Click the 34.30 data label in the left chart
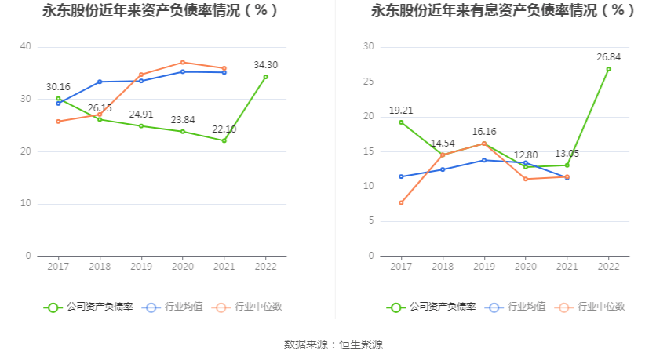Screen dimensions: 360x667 [265, 65]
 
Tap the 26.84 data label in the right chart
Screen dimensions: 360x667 [608, 57]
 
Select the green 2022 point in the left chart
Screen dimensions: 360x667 [265, 77]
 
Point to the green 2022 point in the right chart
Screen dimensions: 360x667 [608, 69]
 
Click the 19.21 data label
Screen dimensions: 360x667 [401, 111]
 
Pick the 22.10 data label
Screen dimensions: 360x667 [224, 129]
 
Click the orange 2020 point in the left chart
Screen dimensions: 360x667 [182, 63]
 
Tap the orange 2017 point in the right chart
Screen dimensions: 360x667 [401, 202]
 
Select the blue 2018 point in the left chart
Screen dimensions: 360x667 [100, 82]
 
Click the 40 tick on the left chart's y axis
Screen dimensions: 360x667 [26, 47]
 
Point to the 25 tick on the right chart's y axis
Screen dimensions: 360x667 [369, 82]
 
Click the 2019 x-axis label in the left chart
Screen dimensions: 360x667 [140, 267]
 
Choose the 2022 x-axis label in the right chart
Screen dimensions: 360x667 [608, 267]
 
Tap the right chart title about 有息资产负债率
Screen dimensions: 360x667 [503, 12]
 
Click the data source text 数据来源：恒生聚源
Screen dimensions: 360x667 [333, 344]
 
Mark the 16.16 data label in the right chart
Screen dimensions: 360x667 [484, 132]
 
